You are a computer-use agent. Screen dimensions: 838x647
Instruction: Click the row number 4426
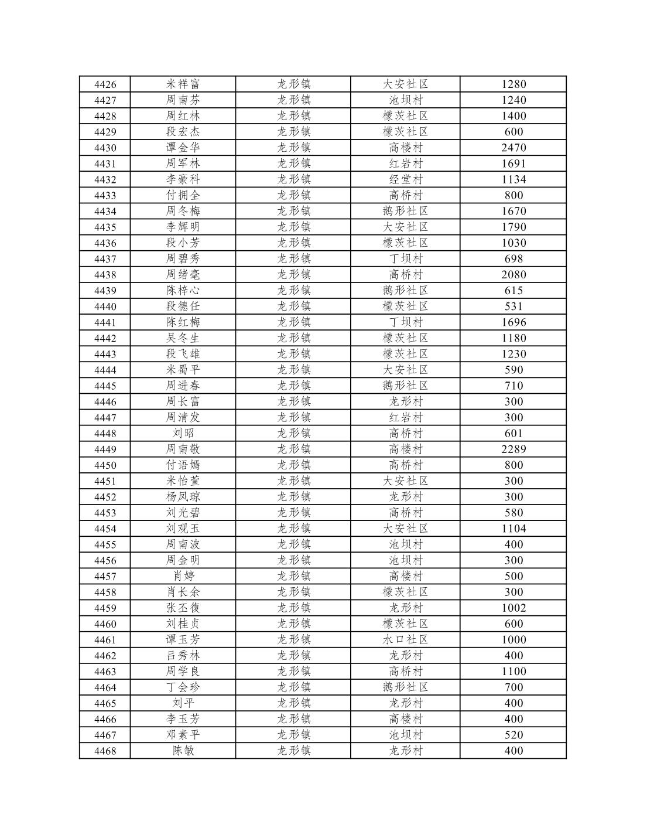pyautogui.click(x=105, y=84)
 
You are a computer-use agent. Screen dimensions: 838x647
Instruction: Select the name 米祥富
pyautogui.click(x=183, y=84)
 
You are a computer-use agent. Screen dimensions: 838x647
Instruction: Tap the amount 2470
pyautogui.click(x=514, y=148)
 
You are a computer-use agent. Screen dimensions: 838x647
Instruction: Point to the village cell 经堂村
pyautogui.click(x=405, y=179)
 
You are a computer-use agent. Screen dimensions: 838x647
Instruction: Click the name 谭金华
pyautogui.click(x=183, y=148)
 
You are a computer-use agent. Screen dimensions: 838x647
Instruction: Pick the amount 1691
pyautogui.click(x=514, y=163)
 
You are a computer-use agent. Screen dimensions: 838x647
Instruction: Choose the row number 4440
pyautogui.click(x=105, y=306)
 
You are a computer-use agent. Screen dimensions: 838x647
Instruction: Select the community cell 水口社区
pyautogui.click(x=405, y=639)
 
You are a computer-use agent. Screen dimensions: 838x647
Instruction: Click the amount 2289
pyautogui.click(x=514, y=449)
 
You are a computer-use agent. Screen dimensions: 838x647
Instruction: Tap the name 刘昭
pyautogui.click(x=183, y=433)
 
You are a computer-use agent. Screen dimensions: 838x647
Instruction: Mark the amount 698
pyautogui.click(x=514, y=258)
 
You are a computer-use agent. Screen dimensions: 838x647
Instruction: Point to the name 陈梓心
pyautogui.click(x=183, y=290)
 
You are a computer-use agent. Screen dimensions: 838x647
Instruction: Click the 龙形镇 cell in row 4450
pyautogui.click(x=293, y=465)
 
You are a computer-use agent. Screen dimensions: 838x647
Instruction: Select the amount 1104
pyautogui.click(x=514, y=528)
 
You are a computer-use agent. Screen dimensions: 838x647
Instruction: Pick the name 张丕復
pyautogui.click(x=183, y=608)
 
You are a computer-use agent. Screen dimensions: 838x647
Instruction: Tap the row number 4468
pyautogui.click(x=105, y=751)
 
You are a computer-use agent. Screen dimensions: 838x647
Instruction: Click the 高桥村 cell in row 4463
pyautogui.click(x=405, y=671)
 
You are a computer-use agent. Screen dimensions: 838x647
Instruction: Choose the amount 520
pyautogui.click(x=514, y=735)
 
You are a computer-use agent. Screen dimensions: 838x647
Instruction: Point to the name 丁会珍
pyautogui.click(x=183, y=687)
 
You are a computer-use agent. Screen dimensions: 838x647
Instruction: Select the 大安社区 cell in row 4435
pyautogui.click(x=405, y=227)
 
